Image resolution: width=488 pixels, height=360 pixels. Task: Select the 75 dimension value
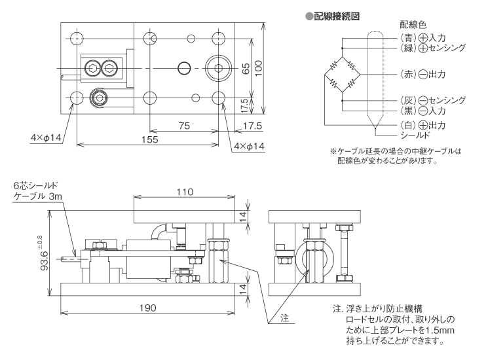click(x=184, y=124)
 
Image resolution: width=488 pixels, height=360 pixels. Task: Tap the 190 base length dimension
click(x=147, y=308)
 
